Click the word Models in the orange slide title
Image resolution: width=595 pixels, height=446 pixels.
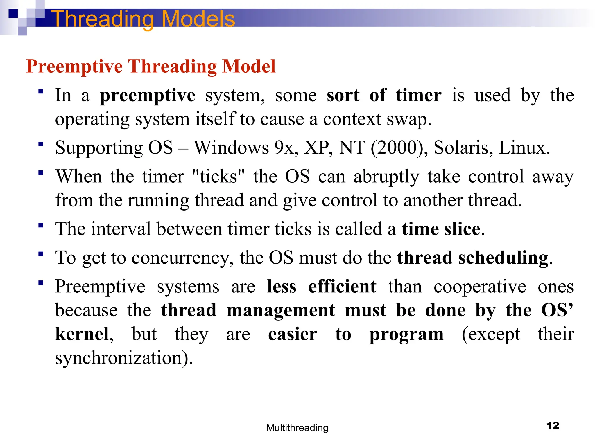198,19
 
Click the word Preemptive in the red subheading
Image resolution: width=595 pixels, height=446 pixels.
74,66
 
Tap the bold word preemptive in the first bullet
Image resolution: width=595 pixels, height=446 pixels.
147,96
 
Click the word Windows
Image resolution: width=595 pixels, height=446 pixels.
232,148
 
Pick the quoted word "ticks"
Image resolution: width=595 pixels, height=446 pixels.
218,176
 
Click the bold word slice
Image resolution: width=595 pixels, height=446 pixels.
462,229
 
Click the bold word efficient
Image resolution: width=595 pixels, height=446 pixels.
342,287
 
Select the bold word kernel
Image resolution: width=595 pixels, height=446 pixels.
82,334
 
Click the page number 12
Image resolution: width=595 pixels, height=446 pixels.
553,426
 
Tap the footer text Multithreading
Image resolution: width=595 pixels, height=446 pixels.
297,428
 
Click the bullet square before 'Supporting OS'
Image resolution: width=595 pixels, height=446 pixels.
41,144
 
